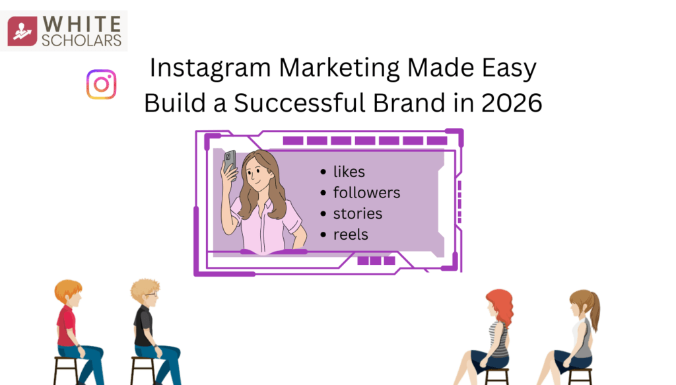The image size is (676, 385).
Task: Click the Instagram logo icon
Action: [x=101, y=85]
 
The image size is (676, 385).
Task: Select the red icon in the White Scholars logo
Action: [x=23, y=31]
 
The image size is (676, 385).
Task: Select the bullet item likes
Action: [x=349, y=172]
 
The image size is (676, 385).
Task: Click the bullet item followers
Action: [x=366, y=193]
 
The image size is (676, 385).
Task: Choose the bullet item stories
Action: [x=357, y=214]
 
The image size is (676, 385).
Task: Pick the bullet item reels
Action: [x=351, y=234]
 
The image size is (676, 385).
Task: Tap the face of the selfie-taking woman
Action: [x=257, y=174]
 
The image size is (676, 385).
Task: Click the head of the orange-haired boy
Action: [x=68, y=293]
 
